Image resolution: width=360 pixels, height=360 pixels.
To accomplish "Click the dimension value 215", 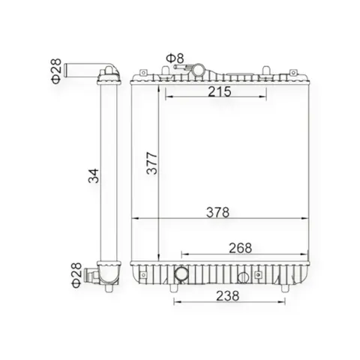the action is coord(220,91).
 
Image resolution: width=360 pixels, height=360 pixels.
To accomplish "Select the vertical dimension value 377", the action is coord(152,163).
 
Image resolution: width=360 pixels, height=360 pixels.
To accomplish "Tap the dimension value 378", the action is coord(217,212).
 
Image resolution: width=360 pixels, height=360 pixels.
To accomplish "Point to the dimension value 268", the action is coord(240,248).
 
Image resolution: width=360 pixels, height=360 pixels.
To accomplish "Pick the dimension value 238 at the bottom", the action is coord(227,296).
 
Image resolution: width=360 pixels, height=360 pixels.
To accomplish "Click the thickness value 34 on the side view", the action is coord(94,176).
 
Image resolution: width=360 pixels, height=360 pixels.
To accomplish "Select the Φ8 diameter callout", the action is coord(175,58).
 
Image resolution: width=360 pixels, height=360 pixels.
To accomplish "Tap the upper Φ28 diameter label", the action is coord(56,71).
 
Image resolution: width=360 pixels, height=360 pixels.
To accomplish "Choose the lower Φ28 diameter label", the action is coord(76,275).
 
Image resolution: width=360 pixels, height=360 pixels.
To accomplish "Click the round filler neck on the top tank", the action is coord(198,70).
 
